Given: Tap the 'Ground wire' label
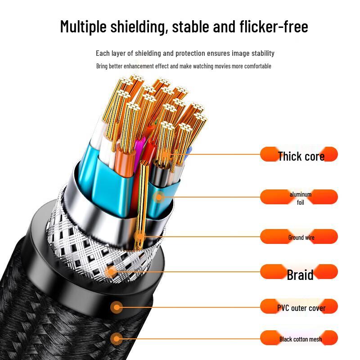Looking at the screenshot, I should coord(301,237).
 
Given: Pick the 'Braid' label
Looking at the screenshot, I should coord(300,274).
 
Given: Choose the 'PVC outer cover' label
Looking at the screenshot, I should coord(301,308).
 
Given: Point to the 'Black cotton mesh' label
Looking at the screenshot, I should coord(300,339).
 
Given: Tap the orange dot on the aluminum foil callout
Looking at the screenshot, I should coord(158,196).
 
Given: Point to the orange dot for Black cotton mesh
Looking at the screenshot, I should coord(117,338).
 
